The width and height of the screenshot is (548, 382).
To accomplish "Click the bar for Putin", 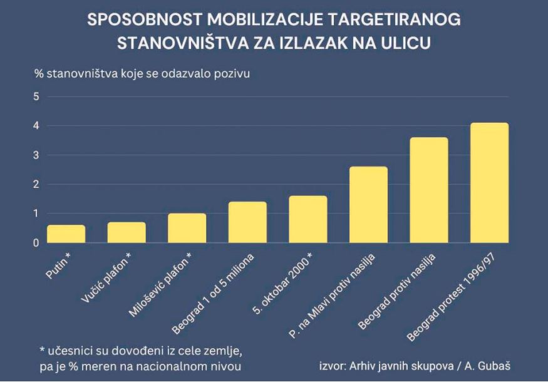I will coord(66,234).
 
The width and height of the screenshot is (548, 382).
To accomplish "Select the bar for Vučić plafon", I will coord(127,232).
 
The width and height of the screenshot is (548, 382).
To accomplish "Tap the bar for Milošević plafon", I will coord(187,228).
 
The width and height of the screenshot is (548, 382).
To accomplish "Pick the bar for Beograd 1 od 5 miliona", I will coord(247,222).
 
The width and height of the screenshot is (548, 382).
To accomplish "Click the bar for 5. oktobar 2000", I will coord(308,219).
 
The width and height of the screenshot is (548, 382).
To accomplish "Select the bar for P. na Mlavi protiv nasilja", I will coord(368,205).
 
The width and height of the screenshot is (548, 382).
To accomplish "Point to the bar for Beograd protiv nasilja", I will coord(429,190).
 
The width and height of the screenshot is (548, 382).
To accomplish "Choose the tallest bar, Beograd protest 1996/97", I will coord(489,183).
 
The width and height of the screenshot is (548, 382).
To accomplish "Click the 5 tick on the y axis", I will coord(36,96).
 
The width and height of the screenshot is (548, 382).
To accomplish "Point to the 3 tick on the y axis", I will coord(36,155).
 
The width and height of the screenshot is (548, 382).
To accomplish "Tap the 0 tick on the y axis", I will coord(36,243).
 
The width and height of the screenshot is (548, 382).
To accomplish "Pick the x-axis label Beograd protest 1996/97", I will coord(457,293).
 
